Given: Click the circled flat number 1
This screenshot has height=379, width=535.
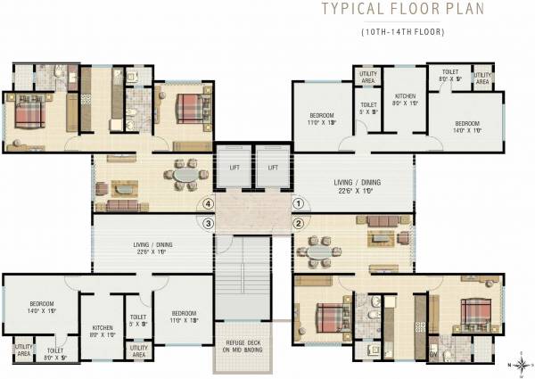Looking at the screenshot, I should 298,203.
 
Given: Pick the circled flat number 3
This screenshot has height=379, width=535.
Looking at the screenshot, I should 209,223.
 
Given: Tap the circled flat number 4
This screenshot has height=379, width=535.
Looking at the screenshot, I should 209,203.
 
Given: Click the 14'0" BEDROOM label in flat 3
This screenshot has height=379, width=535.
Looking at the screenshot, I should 42,307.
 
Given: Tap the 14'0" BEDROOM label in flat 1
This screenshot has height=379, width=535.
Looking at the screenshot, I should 467,127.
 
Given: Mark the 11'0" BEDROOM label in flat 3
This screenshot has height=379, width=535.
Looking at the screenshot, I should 183,317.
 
